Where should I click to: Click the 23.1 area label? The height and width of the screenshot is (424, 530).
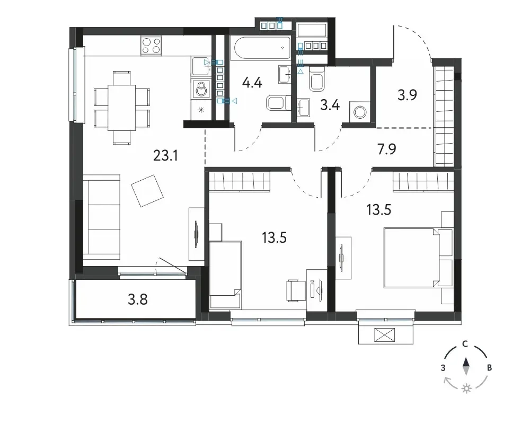(165, 155)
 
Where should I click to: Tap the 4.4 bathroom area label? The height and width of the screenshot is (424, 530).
(252, 82)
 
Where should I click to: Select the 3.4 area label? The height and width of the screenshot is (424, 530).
(330, 105)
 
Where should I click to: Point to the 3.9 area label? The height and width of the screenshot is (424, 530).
(407, 95)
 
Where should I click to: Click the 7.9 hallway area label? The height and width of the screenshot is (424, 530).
(387, 149)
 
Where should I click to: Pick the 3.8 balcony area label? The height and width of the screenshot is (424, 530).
(138, 299)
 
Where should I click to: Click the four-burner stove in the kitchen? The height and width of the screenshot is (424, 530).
(151, 45)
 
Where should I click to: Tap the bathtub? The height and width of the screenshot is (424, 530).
(261, 49)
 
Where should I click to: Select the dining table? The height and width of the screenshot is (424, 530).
(122, 108)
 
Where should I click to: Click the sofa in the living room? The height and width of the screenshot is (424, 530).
(102, 217)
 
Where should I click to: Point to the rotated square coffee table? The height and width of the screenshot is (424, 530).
(147, 191)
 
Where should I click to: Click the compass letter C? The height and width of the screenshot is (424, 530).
(465, 344)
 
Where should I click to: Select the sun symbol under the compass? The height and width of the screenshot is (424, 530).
(466, 388)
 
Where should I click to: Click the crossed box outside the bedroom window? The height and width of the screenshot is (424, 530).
(385, 335)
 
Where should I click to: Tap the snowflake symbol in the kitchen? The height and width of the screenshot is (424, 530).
(201, 110)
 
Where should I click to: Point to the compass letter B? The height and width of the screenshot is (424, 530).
(489, 368)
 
